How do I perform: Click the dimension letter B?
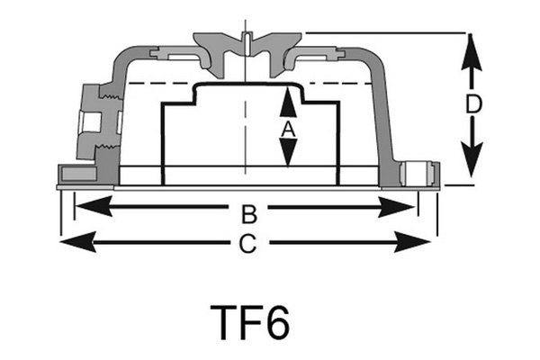[250, 214]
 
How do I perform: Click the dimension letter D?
[473, 105]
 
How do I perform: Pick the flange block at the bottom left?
[77, 174]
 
